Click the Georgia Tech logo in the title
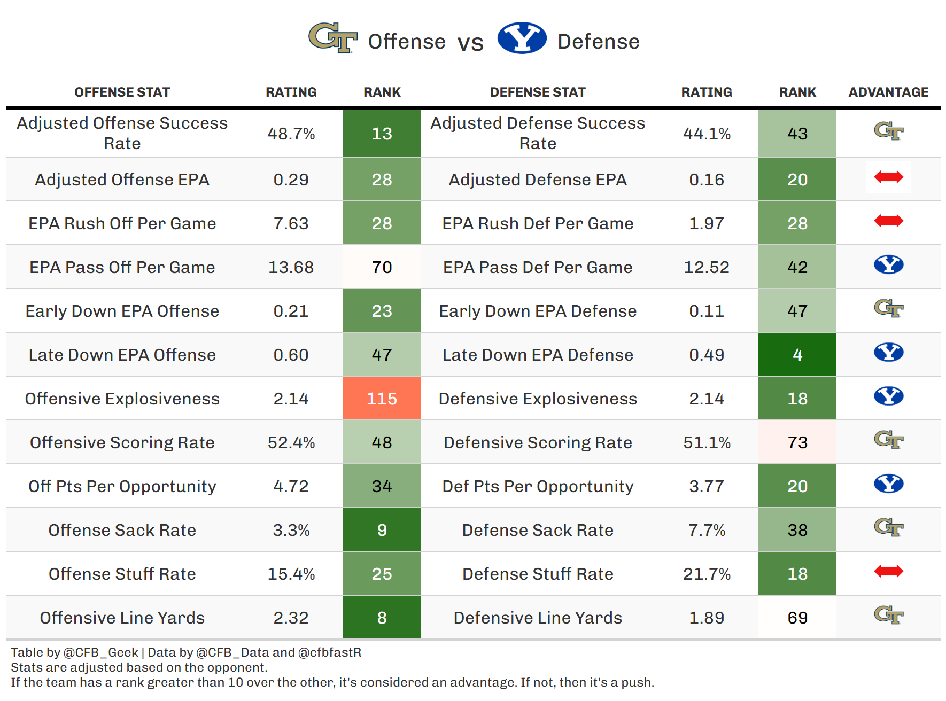(332, 38)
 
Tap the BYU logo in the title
(522, 38)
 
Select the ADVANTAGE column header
(888, 92)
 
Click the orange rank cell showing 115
(382, 399)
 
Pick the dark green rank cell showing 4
(797, 355)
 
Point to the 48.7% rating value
(291, 134)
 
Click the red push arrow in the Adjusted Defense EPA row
(888, 177)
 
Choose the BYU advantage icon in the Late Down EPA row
(888, 353)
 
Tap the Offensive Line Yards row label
(122, 618)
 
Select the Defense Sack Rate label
(538, 530)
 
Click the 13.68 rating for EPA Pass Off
(291, 267)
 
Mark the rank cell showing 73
(797, 442)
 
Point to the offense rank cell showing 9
(382, 530)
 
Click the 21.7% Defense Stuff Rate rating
(707, 574)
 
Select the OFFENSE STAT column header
(122, 92)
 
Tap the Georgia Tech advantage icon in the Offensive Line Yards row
(888, 615)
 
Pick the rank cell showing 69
(797, 618)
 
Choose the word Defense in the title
(598, 42)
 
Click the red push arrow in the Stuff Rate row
(888, 571)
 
